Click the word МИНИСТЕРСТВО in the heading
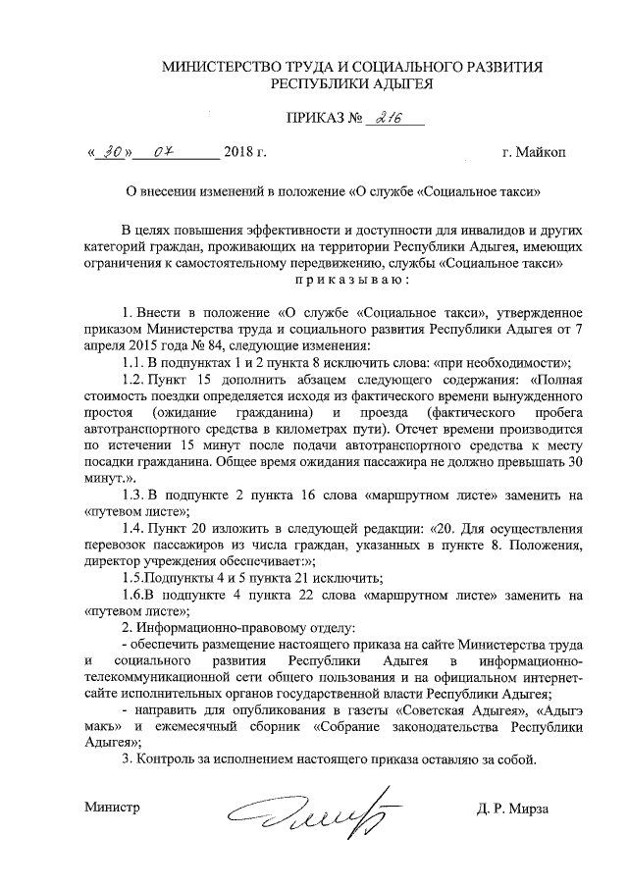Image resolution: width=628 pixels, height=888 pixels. pos(218,67)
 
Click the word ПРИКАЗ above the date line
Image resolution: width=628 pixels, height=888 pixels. pos(310,120)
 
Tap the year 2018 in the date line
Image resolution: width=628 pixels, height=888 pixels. pos(239,152)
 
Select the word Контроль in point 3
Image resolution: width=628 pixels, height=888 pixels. pos(167,760)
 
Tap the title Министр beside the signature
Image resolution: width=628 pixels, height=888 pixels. pos(112,809)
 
